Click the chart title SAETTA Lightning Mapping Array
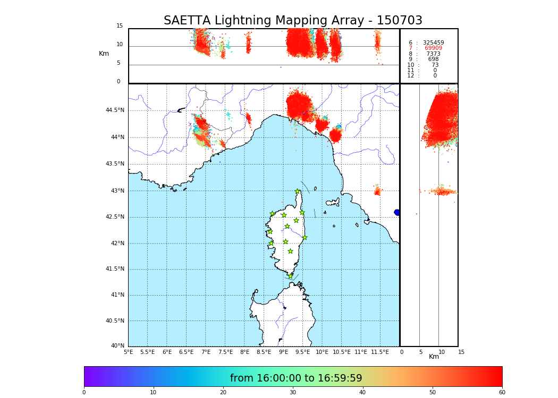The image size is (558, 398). click(293, 21)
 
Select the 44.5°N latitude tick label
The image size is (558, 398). click(115, 110)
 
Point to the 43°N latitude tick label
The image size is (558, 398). click(116, 191)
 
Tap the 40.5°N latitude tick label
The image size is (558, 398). click(115, 321)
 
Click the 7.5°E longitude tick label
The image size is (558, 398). click(225, 352)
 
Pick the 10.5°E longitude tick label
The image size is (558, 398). click(341, 352)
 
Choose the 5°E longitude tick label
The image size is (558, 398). click(129, 352)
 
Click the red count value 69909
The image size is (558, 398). click(433, 48)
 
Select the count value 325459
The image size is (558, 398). click(433, 42)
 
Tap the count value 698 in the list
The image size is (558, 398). click(433, 59)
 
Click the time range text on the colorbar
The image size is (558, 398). click(296, 378)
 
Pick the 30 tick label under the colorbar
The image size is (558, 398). click(293, 393)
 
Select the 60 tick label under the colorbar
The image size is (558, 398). click(502, 393)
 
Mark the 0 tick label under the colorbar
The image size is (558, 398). click(84, 393)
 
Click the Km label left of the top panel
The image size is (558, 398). click(104, 54)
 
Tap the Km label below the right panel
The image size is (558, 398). click(434, 357)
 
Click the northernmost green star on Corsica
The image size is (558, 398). click(298, 192)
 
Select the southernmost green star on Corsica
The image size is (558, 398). click(290, 276)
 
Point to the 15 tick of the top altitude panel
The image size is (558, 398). click(120, 26)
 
